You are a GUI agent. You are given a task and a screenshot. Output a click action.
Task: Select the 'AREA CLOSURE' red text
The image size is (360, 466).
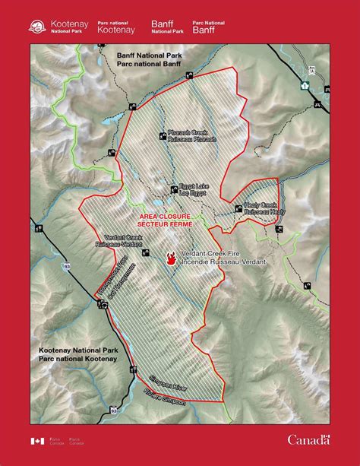tap(164, 217)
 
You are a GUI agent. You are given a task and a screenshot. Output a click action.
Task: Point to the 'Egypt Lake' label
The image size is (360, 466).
tap(193, 186)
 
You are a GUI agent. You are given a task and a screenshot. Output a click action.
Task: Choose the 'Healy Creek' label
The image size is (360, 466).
tap(259, 206)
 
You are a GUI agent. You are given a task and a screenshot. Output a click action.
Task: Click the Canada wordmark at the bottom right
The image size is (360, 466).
tap(308, 439)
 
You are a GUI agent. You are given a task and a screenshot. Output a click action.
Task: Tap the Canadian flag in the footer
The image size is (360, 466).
tap(37, 440)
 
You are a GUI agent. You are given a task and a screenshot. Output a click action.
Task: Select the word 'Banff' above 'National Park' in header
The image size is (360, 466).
tap(163, 24)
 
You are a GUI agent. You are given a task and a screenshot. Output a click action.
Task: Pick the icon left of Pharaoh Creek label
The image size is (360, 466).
tap(163, 136)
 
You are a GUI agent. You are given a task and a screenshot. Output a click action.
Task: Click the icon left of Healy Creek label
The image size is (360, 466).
tap(238, 207)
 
